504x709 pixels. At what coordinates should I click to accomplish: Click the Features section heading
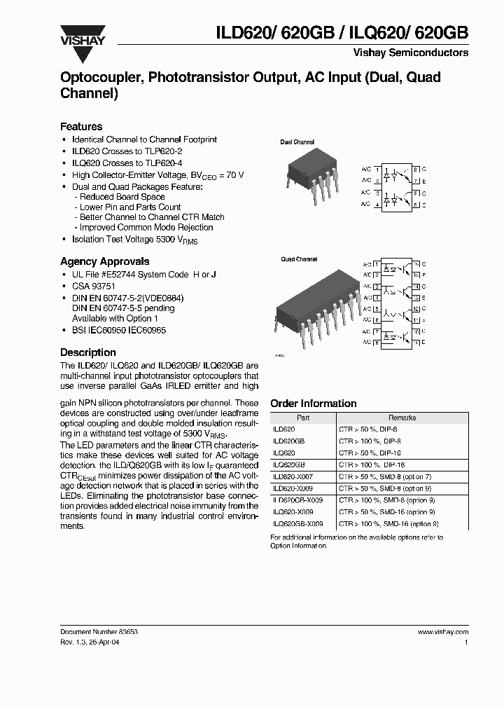pyautogui.click(x=81, y=127)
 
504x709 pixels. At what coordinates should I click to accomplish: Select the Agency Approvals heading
pyautogui.click(x=104, y=261)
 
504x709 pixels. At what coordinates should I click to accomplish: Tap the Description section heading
pyautogui.click(x=87, y=352)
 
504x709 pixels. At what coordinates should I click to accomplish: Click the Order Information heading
pyautogui.click(x=313, y=404)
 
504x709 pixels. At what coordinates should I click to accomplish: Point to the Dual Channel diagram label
pyautogui.click(x=297, y=142)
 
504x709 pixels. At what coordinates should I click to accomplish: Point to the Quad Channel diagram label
pyautogui.click(x=299, y=259)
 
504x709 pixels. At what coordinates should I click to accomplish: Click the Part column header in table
pyautogui.click(x=303, y=418)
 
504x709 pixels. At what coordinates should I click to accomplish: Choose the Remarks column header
pyautogui.click(x=402, y=418)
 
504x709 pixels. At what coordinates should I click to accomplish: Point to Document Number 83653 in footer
pyautogui.click(x=99, y=632)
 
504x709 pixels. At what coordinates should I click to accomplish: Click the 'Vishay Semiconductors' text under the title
pyautogui.click(x=420, y=53)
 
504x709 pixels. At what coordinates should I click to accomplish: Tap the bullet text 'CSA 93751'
pyautogui.click(x=94, y=287)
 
